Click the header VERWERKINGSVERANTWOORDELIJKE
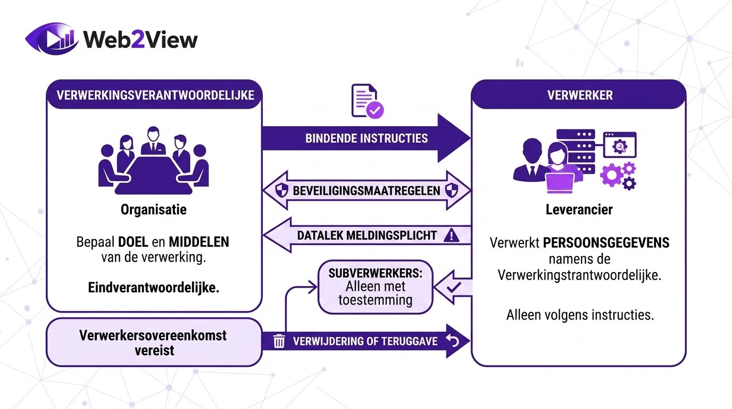pyautogui.click(x=154, y=95)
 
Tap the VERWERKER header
pyautogui.click(x=579, y=95)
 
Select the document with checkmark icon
pyautogui.click(x=367, y=101)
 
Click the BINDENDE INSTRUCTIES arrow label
pyautogui.click(x=366, y=138)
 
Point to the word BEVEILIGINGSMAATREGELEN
pyautogui.click(x=367, y=191)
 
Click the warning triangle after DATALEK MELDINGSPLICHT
pyautogui.click(x=451, y=235)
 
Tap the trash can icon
pyautogui.click(x=279, y=341)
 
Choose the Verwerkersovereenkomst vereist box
pyautogui.click(x=153, y=342)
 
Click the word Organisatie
pyautogui.click(x=153, y=210)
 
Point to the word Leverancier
pyautogui.click(x=579, y=210)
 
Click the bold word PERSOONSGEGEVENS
pyautogui.click(x=605, y=243)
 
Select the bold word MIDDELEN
pyautogui.click(x=198, y=242)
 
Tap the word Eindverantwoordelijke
pyautogui.click(x=153, y=288)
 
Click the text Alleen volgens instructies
pyautogui.click(x=579, y=315)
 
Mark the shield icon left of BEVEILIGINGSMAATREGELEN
pyautogui.click(x=282, y=191)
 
